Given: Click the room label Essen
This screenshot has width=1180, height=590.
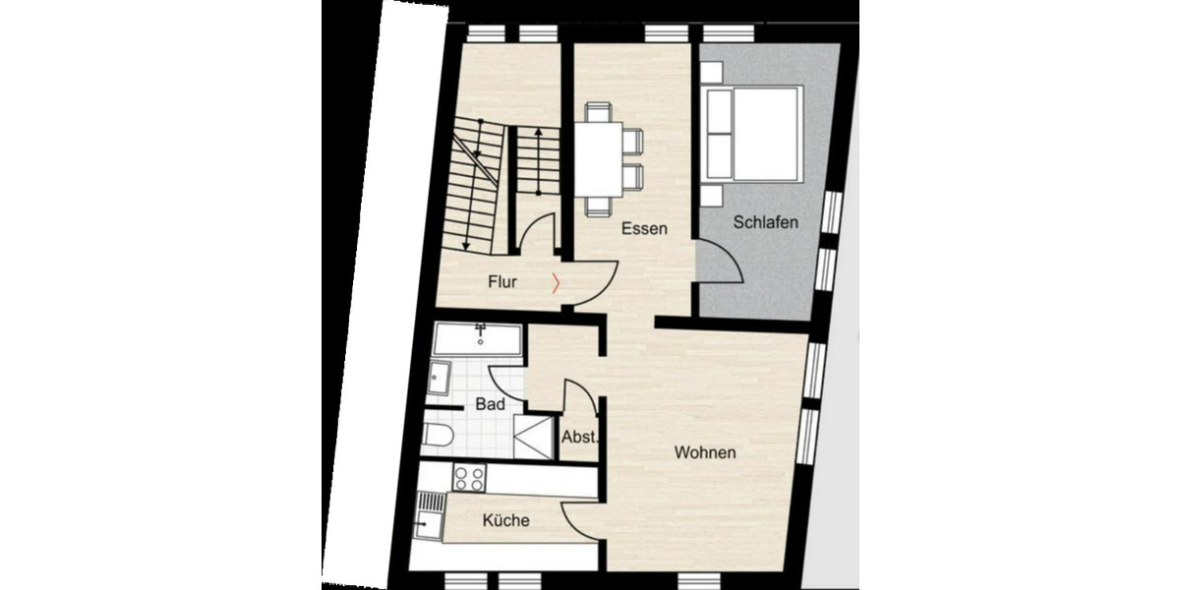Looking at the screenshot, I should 644,229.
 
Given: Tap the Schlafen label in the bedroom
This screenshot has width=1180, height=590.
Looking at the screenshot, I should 765,223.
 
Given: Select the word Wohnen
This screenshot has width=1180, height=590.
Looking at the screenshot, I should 705,453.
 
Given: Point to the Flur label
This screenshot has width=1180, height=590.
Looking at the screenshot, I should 502,282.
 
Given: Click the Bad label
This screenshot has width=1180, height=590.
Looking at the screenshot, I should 490,404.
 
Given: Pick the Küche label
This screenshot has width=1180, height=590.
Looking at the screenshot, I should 506,520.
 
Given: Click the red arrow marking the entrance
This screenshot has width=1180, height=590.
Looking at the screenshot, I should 558,283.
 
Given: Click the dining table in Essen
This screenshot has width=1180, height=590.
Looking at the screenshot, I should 599,157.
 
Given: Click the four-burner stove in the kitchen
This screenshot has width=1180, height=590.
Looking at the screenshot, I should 468,479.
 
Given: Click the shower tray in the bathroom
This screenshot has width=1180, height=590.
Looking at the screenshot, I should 534,437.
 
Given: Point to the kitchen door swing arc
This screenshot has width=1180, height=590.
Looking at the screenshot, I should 580,519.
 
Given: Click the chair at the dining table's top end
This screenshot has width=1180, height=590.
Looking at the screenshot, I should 598,110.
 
